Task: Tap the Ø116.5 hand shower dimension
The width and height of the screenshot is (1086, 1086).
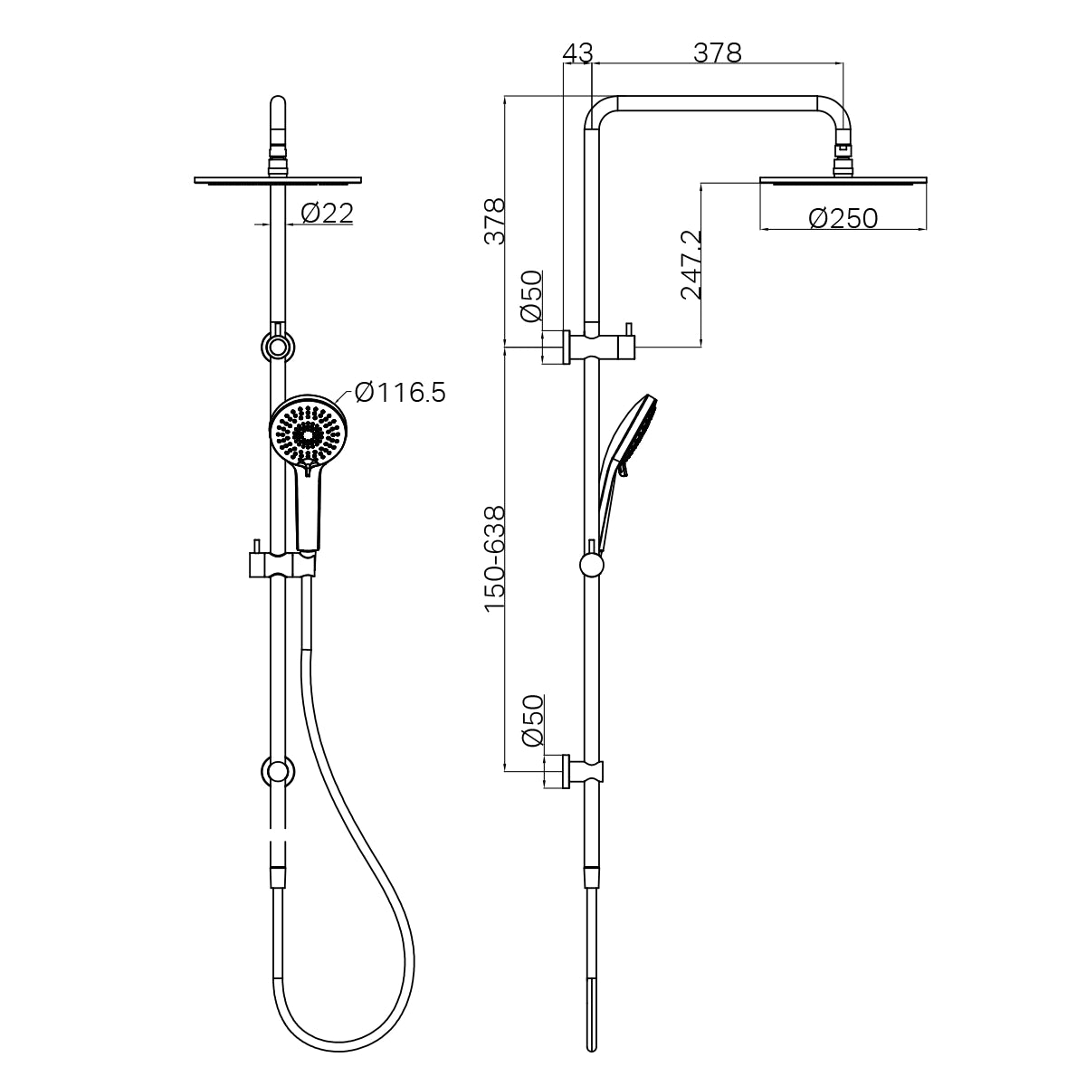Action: (x=400, y=393)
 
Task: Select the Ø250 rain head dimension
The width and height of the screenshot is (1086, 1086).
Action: (x=843, y=218)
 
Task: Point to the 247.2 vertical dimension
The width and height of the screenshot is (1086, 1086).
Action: (x=691, y=264)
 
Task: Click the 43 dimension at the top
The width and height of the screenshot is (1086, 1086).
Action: (x=576, y=53)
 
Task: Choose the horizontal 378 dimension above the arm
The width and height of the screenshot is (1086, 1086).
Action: (x=717, y=53)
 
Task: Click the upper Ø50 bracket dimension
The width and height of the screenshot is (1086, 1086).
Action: (x=531, y=296)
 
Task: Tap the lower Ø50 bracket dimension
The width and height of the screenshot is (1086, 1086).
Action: (x=531, y=720)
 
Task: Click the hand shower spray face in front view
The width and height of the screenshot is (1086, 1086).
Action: (x=308, y=433)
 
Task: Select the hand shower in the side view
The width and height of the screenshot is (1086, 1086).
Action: (x=624, y=443)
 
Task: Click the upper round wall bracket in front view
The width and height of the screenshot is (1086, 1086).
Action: (x=278, y=347)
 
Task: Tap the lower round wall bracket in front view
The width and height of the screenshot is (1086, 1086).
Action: (x=278, y=771)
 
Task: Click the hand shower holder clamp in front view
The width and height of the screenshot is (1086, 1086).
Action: (x=281, y=563)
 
